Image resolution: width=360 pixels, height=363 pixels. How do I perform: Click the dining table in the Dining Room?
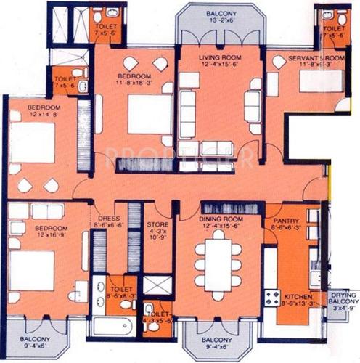218,266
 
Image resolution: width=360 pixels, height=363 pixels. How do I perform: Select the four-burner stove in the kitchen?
272,297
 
